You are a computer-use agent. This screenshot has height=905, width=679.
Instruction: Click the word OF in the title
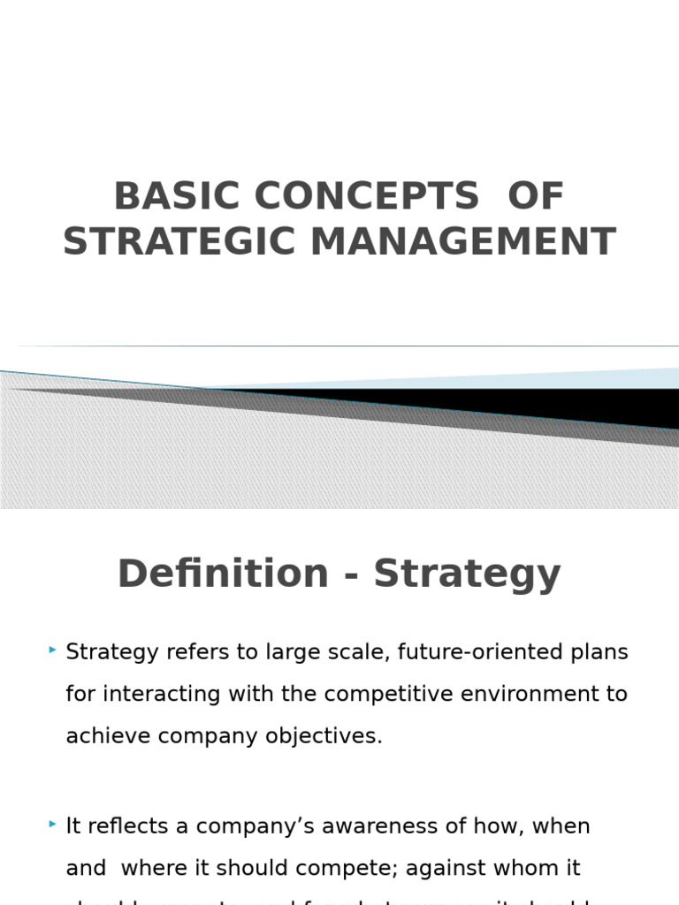(x=535, y=197)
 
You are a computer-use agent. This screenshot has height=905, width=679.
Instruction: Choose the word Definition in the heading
(x=223, y=574)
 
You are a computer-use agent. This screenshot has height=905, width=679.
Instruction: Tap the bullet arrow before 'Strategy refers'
(x=53, y=651)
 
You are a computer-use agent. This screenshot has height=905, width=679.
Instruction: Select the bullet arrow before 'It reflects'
(x=53, y=825)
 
